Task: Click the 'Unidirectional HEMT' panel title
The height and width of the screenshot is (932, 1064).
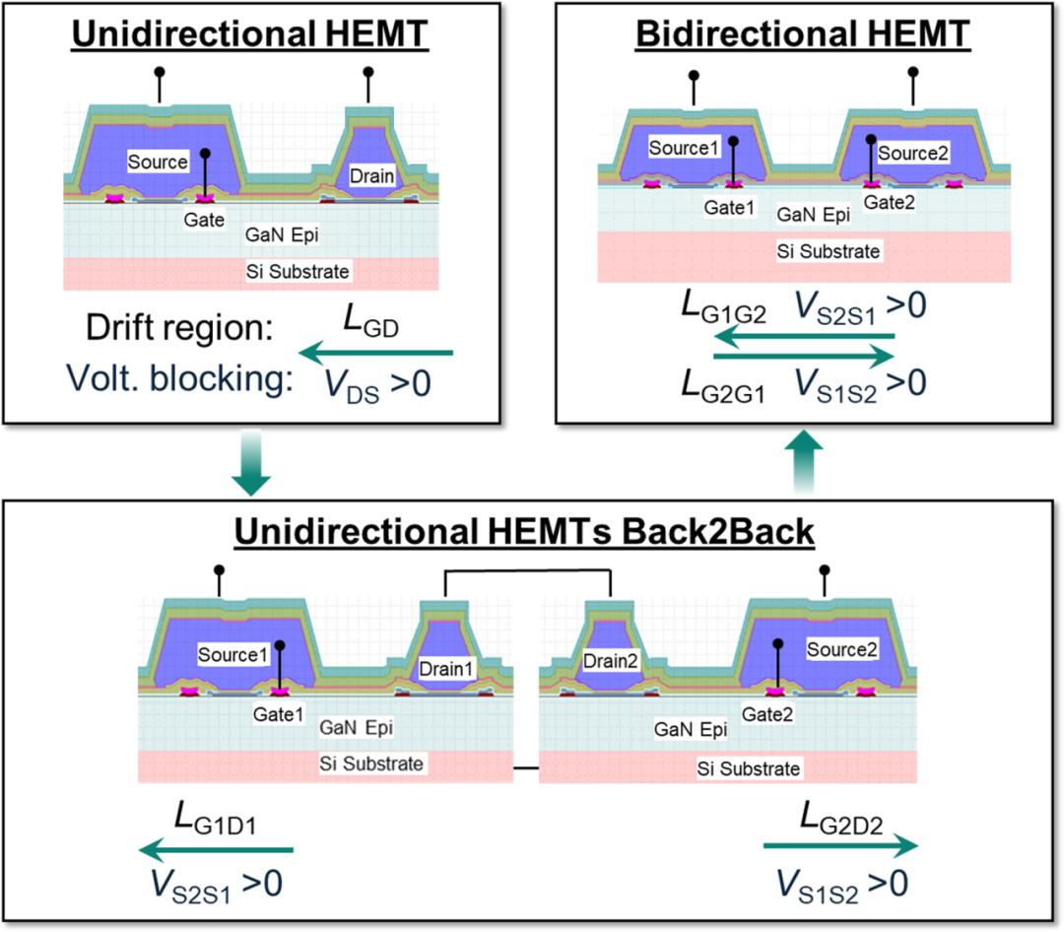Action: click(249, 33)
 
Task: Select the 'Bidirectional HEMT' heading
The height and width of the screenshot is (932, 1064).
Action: click(803, 33)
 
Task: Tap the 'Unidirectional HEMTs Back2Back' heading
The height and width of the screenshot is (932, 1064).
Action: click(524, 531)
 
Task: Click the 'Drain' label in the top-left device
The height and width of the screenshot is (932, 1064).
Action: click(371, 175)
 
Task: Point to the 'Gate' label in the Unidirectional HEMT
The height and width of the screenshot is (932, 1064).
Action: click(204, 220)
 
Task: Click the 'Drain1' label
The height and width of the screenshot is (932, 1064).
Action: click(446, 669)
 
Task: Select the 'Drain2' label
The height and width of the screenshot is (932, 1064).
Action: click(611, 660)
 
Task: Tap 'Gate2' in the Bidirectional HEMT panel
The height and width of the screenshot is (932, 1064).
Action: click(889, 202)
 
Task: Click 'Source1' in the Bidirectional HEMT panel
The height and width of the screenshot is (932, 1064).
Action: click(684, 148)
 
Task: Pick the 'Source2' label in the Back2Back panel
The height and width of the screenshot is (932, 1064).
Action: click(842, 649)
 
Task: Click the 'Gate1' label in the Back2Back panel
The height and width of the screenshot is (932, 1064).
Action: click(278, 714)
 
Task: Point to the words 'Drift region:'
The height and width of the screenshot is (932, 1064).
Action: click(179, 328)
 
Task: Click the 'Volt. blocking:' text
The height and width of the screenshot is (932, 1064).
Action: click(180, 378)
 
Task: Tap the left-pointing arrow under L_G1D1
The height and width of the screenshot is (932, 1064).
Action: click(216, 850)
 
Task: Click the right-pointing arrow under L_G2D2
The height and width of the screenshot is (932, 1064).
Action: click(840, 845)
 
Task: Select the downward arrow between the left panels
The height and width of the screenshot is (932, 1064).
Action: click(251, 463)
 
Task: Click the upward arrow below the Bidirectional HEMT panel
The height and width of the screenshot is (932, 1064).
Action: click(804, 461)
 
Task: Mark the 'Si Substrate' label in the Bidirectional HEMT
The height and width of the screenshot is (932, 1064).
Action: click(828, 251)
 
